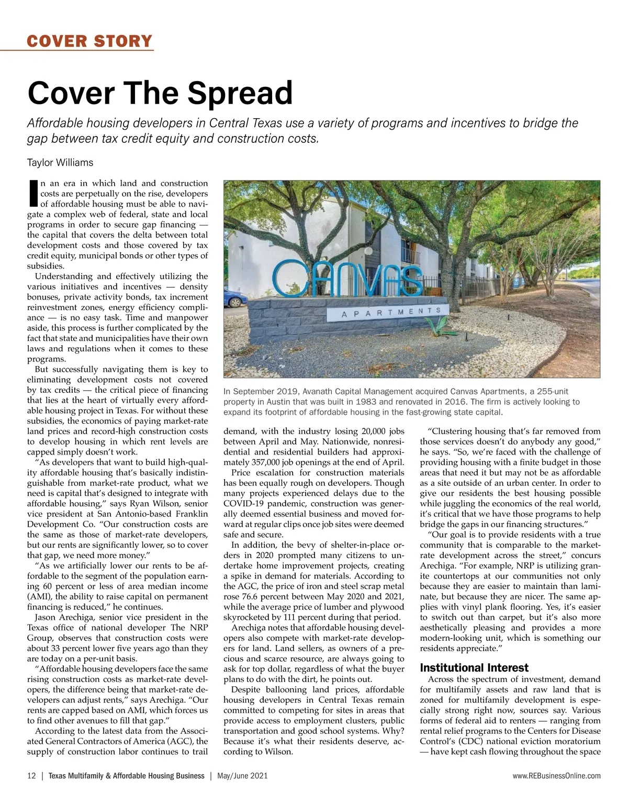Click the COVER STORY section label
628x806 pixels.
[89, 41]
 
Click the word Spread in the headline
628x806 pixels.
[240, 93]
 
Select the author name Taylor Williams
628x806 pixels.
[60, 163]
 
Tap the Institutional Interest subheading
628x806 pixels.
[474, 668]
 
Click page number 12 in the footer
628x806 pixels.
[31, 776]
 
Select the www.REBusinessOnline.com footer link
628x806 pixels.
[556, 776]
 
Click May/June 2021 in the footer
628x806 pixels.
[242, 776]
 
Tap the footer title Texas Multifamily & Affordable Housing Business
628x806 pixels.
[126, 776]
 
